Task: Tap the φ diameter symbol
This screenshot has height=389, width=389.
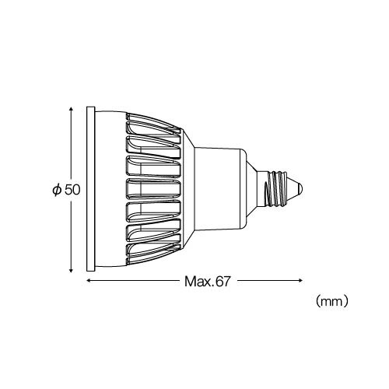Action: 57,189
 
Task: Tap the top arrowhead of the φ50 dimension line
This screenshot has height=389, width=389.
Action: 71,109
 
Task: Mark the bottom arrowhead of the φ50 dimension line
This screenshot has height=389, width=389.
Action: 71,268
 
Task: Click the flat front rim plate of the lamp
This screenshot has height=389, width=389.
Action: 91,188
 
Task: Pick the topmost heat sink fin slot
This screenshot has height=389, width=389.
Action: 152,126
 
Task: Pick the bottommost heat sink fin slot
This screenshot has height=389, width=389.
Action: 152,250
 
